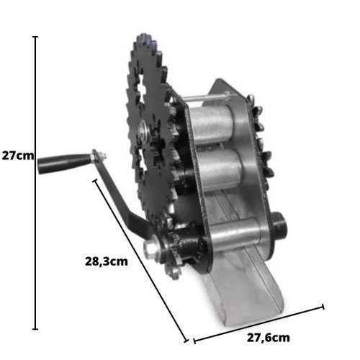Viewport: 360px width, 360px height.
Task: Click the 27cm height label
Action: point(18,156)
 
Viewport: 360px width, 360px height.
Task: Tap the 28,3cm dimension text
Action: point(107,261)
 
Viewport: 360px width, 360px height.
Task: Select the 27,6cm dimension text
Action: point(269,338)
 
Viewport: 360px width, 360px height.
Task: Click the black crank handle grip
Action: point(63,163)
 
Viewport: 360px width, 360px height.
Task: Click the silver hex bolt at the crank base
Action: point(150,247)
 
